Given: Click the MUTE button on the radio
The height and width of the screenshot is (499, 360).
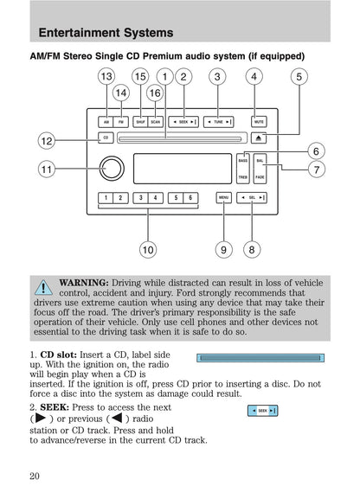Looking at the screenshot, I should coord(257,122).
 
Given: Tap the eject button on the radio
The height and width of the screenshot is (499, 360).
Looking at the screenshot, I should coord(258,138).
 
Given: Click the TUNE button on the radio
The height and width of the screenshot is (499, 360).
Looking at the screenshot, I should coord(218,122).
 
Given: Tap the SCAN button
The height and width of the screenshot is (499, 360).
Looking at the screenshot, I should coord(155,122).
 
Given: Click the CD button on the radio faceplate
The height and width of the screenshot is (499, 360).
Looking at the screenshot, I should coord(105,138).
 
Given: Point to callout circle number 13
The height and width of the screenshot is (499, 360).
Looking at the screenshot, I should coord(106,78).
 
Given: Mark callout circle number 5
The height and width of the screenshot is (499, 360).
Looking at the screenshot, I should coord(299,78).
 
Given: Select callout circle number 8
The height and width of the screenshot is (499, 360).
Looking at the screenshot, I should coord(252,250).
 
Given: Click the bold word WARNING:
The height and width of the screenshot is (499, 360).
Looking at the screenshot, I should coord(83,283).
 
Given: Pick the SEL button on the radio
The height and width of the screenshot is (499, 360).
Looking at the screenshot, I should coord(252,198).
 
